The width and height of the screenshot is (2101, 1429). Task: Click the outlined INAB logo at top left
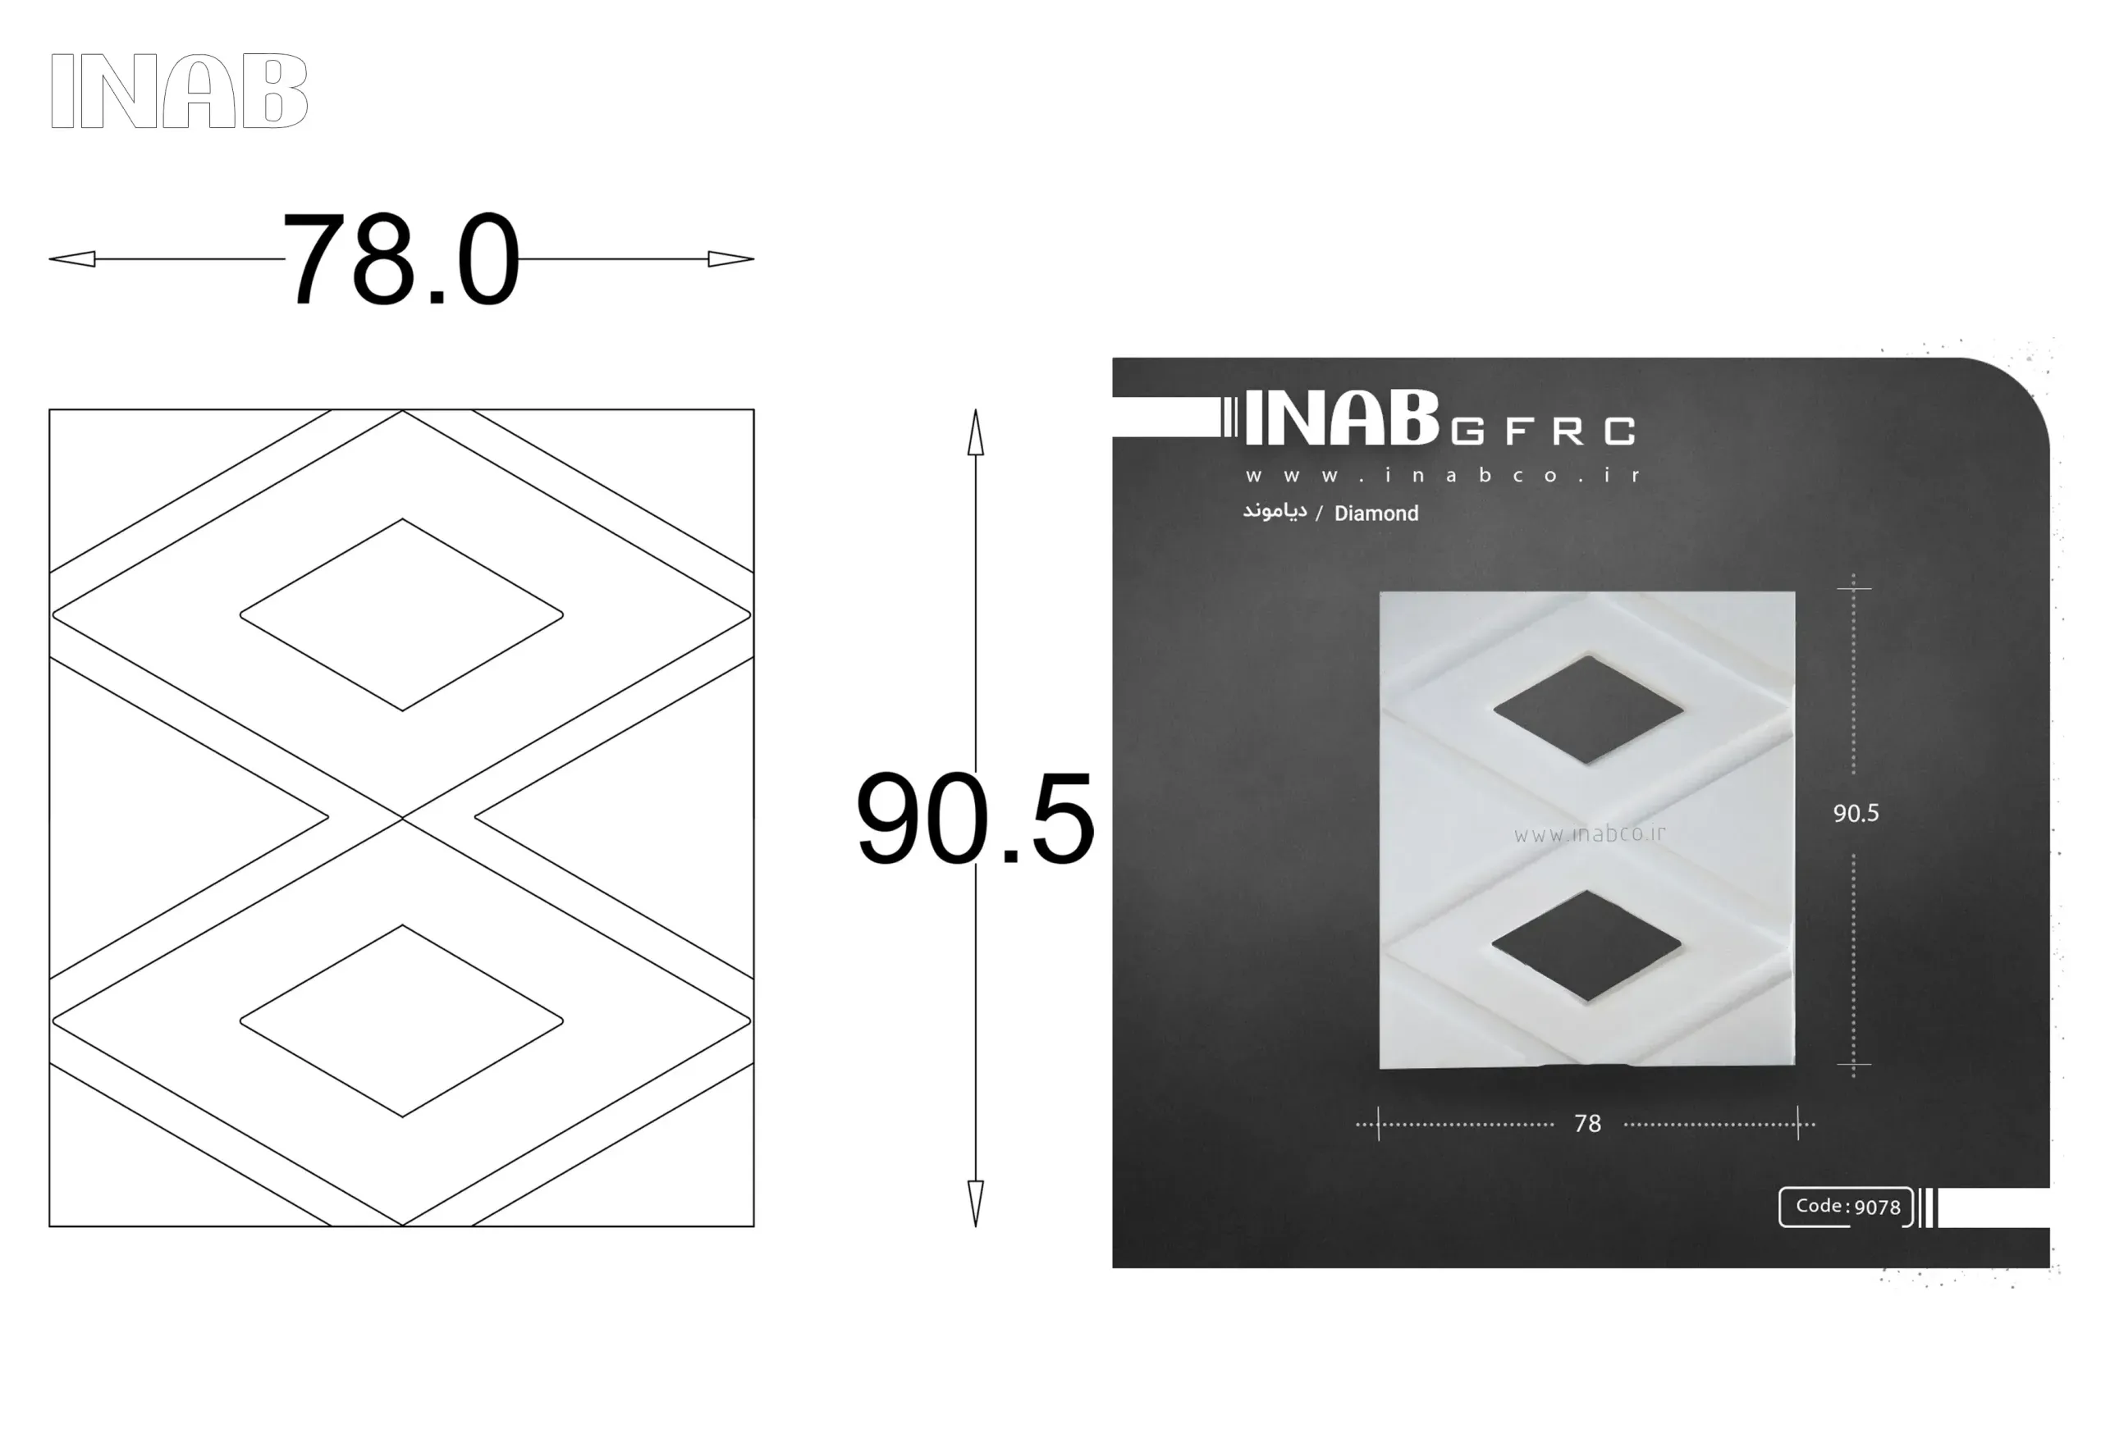179,90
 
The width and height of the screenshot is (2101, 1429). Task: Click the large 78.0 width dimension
401,259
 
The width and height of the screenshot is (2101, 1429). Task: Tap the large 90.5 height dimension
974,819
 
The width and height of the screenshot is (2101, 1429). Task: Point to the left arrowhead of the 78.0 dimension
72,259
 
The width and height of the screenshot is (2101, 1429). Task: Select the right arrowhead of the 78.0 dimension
730,259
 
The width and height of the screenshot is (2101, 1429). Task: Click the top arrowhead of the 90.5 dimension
976,432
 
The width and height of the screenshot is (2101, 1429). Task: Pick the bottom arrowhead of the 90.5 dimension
976,1203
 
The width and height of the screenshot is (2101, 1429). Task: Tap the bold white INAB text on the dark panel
1342,418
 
